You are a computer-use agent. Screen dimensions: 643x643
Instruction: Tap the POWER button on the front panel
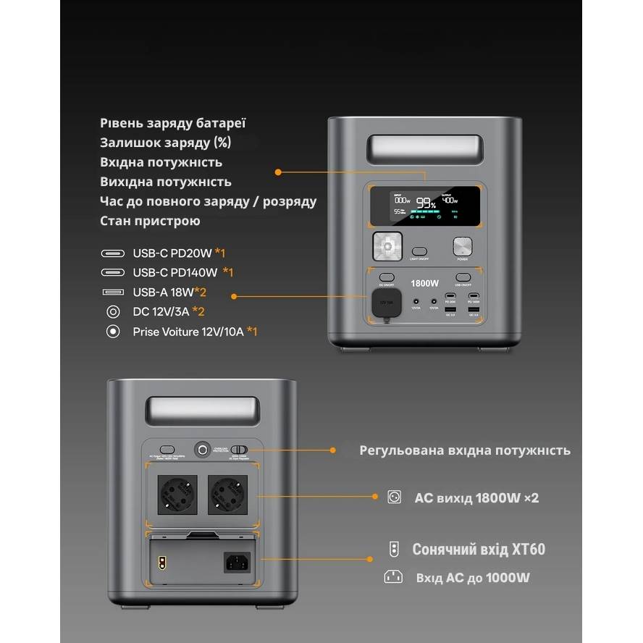coord(462,247)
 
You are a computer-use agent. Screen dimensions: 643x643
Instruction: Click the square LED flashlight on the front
coord(387,247)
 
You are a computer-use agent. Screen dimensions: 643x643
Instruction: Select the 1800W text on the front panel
coord(424,283)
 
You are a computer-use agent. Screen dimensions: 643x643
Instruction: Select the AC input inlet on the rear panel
coord(238,560)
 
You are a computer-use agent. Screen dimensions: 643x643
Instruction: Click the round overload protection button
coord(201,448)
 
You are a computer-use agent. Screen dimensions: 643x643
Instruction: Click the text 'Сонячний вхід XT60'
coord(479,550)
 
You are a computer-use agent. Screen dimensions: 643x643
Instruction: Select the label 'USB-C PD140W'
coord(175,272)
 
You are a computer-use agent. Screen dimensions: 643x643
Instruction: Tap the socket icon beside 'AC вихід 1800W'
coord(394,497)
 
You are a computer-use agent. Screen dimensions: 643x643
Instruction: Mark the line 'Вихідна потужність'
coord(166,182)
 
